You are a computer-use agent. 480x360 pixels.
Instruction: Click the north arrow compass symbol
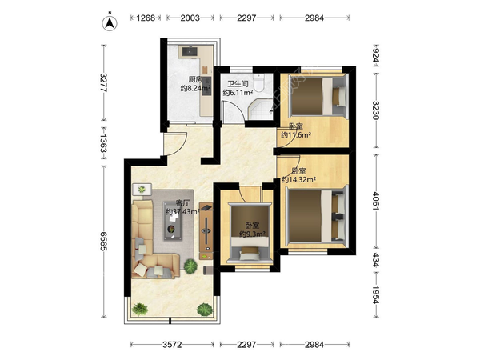[110, 22]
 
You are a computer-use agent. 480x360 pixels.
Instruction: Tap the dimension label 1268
[146, 18]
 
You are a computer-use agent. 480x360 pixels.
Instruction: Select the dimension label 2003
[190, 18]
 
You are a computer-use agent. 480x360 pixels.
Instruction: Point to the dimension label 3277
[104, 82]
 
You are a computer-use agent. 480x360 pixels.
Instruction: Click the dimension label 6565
[104, 242]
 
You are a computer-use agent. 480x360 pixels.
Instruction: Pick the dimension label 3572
[172, 345]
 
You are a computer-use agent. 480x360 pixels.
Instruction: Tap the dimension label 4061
[376, 201]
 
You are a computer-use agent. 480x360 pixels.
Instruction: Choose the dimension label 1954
[376, 294]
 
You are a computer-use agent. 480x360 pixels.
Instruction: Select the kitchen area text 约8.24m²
[195, 89]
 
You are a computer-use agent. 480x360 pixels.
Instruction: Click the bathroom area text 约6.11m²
[238, 93]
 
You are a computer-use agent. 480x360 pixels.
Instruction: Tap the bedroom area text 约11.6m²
[296, 134]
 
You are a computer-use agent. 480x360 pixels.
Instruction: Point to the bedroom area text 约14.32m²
[299, 179]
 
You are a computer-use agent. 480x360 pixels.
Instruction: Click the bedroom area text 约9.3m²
[252, 234]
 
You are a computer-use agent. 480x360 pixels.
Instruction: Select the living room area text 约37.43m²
[182, 211]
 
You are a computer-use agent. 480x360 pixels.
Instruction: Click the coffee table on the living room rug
[172, 221]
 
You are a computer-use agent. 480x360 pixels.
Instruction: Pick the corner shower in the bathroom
[260, 110]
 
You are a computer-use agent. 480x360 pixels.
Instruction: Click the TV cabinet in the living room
[206, 231]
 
